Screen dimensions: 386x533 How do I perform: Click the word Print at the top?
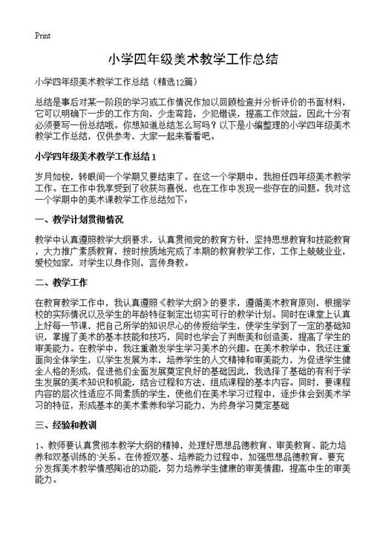(x=42, y=36)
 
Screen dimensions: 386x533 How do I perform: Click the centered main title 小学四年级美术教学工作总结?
(x=192, y=58)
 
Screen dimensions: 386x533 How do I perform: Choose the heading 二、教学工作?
(x=62, y=283)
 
